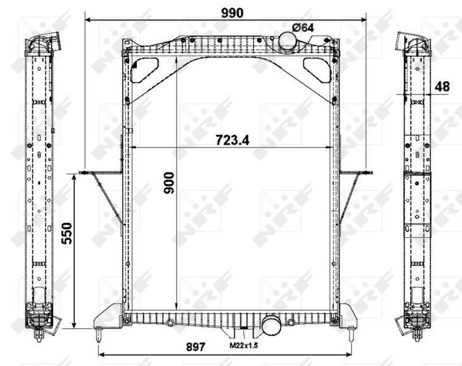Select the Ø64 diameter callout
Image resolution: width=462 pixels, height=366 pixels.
coord(303,27)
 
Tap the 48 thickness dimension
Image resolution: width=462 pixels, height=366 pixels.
coord(442,87)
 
